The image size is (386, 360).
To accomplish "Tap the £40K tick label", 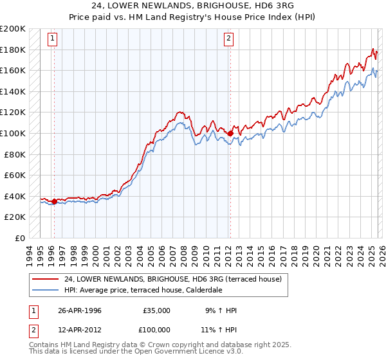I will (15, 196).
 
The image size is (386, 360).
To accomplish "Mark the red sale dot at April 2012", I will (230, 133).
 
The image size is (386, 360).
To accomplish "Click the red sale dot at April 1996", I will (54, 201).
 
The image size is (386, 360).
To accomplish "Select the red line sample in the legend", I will (46, 279).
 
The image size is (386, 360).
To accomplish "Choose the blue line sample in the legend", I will (46, 290).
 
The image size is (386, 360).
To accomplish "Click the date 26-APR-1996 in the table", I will (80, 310).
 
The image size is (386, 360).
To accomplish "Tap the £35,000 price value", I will (156, 310).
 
